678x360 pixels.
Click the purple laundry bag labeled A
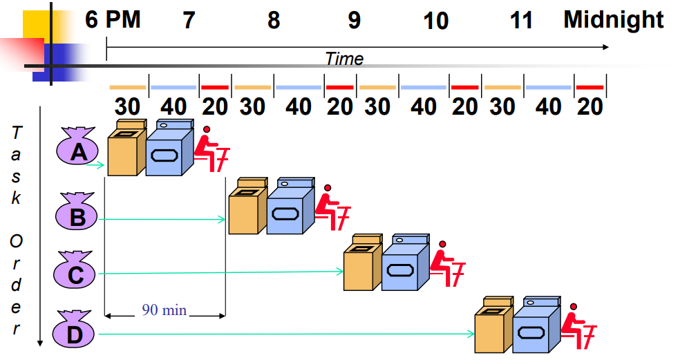[79, 147]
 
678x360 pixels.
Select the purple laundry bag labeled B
[77, 214]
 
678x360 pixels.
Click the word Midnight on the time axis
[613, 19]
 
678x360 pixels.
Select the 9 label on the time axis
[354, 21]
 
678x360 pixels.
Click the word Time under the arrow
[344, 59]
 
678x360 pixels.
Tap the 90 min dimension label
[164, 310]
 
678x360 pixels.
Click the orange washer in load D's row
[493, 327]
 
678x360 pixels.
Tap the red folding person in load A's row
[212, 151]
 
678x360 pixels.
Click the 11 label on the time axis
[522, 21]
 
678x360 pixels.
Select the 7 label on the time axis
[189, 21]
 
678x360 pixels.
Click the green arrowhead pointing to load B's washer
[223, 220]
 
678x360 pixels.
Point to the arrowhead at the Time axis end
[605, 47]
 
